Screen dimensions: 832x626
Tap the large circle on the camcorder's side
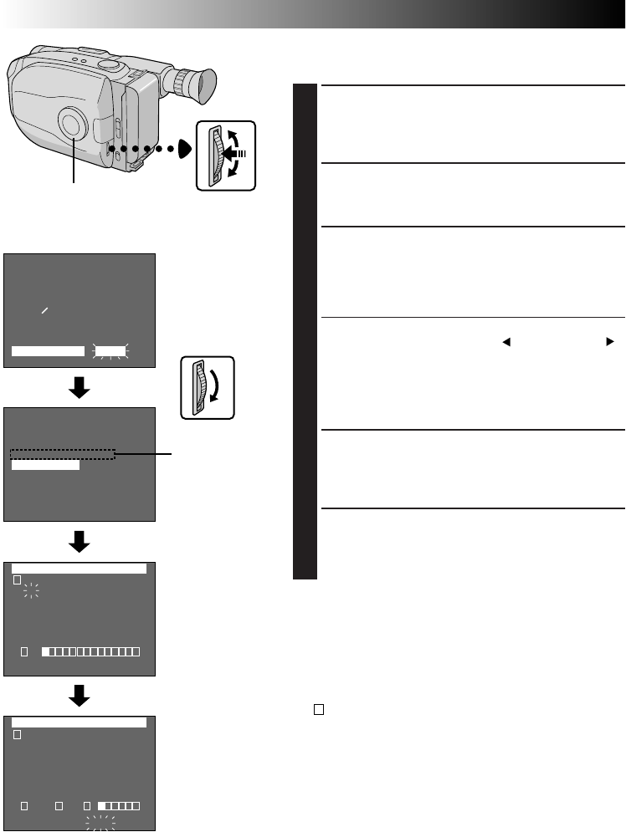coord(74,124)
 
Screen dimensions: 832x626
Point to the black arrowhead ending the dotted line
coord(183,149)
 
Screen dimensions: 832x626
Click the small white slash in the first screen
coord(45,309)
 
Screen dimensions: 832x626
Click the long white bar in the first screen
coord(49,350)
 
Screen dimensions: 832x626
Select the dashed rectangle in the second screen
coord(63,454)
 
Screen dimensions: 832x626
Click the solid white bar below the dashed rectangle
coord(46,466)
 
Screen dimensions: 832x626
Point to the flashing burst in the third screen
coord(32,592)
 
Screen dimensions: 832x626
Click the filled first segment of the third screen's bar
coord(47,651)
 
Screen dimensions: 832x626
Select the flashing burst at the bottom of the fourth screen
coord(100,822)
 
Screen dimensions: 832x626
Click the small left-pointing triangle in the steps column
coord(506,342)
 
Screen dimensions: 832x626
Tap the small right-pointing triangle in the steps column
coord(610,342)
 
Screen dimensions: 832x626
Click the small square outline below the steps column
coord(319,709)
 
